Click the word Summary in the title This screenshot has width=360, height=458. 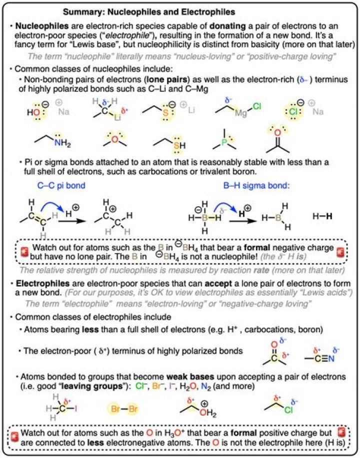(84, 11)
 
